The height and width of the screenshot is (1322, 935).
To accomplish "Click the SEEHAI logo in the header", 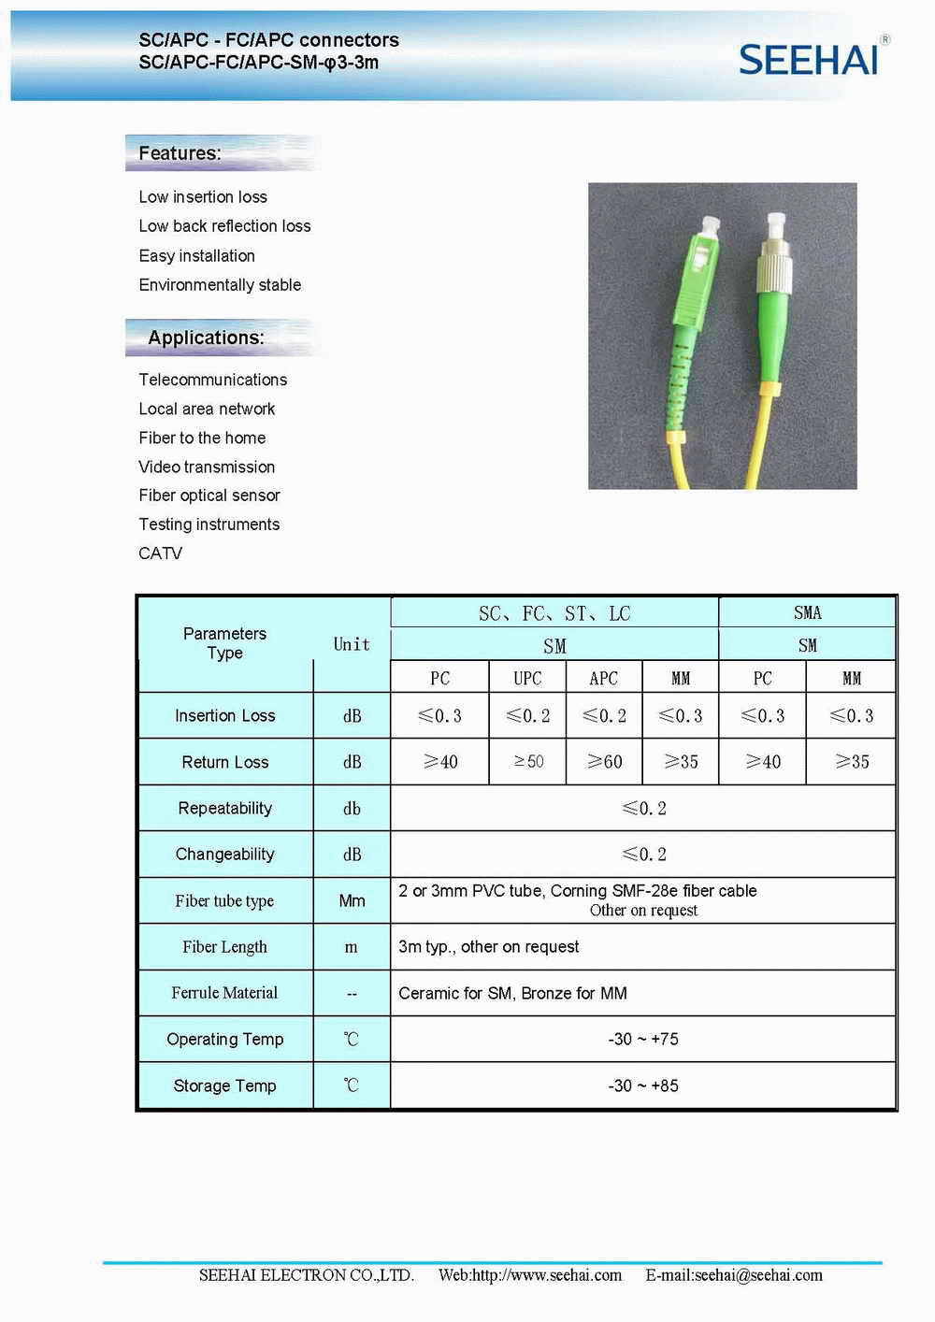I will point(810,59).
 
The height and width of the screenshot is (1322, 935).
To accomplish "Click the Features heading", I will point(180,153).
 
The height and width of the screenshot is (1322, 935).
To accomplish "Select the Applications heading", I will point(206,338).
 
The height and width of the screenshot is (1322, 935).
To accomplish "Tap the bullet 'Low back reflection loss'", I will point(224,226).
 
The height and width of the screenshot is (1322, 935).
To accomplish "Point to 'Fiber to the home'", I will point(202,438).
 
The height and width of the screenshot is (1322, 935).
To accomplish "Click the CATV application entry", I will point(161,553).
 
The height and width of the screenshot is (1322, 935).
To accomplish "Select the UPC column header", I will point(527,678).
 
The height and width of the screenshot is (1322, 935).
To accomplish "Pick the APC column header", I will point(603,678).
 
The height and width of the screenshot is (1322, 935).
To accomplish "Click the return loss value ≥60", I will point(604,762).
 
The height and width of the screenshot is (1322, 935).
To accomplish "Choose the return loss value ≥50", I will point(528,762).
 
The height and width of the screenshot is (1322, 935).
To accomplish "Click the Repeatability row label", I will point(224,809).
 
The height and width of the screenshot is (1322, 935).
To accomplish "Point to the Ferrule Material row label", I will point(224,993).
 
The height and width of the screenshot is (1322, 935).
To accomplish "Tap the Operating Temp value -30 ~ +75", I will point(643,1039).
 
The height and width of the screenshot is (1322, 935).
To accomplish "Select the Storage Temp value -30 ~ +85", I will point(643,1085).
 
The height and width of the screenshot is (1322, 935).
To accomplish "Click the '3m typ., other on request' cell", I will point(489,947).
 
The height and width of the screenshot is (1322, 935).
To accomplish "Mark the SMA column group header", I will point(807,613).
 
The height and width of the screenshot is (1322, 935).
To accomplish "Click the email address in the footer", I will point(734,1275).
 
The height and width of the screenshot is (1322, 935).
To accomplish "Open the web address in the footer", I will point(530,1275).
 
